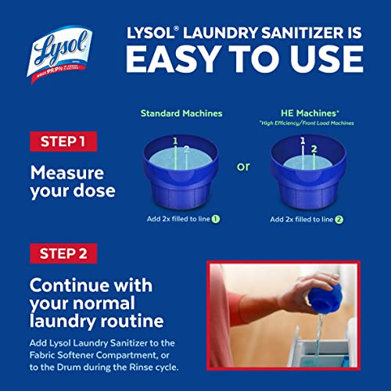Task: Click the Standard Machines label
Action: (181, 113)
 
